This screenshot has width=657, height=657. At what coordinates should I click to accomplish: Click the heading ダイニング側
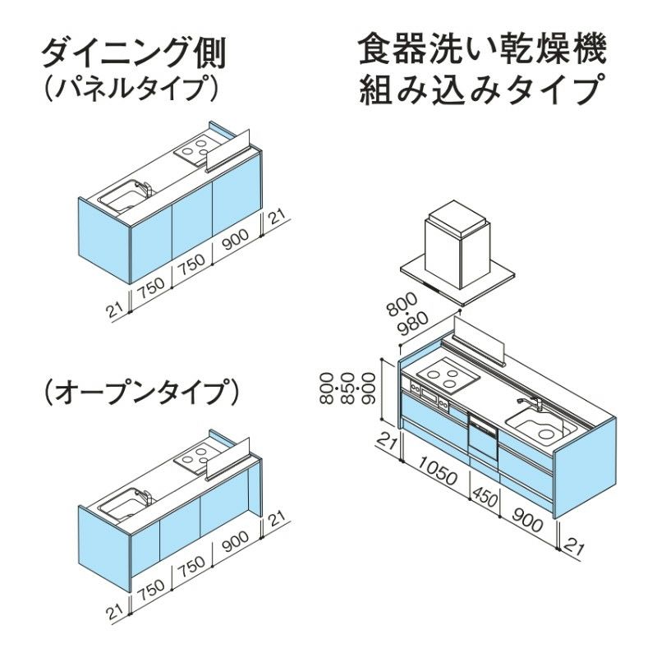(133, 53)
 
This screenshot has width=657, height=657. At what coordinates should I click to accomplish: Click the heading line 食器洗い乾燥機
(483, 51)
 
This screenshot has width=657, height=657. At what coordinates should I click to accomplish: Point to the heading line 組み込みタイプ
(483, 90)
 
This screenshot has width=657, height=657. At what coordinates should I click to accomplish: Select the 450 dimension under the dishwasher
(485, 495)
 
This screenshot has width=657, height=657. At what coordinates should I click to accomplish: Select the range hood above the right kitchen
(457, 246)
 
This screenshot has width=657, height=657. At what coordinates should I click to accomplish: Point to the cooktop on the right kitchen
(446, 378)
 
